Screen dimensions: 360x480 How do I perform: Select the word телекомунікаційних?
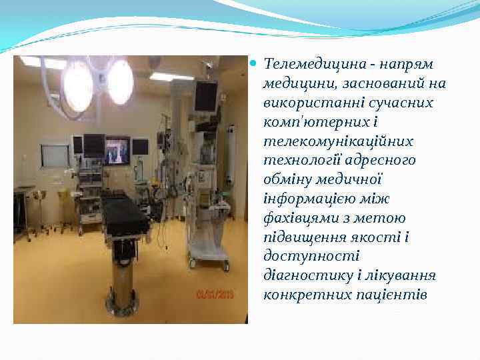pyautogui.click(x=338, y=141)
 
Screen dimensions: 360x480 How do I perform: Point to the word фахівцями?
pyautogui.click(x=296, y=218)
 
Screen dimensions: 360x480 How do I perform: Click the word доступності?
pyautogui.click(x=311, y=257)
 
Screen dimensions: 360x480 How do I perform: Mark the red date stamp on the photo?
pyautogui.click(x=215, y=293)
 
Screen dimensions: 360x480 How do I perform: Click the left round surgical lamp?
pyautogui.click(x=77, y=84)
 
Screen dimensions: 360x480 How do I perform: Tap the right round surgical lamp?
pyautogui.click(x=120, y=81)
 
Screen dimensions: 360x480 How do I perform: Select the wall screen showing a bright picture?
pyautogui.click(x=118, y=151)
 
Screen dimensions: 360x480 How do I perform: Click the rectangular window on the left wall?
pyautogui.click(x=55, y=155)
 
